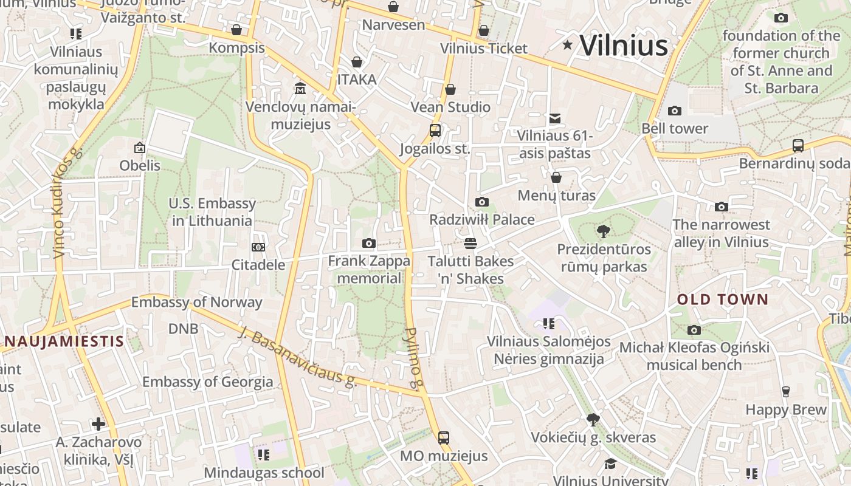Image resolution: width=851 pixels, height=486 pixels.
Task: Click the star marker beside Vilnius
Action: point(568,44)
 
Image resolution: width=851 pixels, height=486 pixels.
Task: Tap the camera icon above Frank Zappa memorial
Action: point(368,243)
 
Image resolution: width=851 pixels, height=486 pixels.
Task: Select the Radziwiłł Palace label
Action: point(482,219)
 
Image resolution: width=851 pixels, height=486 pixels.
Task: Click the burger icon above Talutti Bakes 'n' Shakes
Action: point(470,244)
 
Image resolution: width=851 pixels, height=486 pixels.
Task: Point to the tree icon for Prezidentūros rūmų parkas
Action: point(603,231)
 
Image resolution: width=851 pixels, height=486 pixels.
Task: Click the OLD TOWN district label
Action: point(723,299)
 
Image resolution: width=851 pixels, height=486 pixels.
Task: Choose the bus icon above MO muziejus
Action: point(444,437)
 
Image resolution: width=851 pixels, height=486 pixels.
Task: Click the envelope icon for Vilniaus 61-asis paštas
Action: point(554,118)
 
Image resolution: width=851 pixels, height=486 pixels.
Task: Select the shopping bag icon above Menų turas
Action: point(556,177)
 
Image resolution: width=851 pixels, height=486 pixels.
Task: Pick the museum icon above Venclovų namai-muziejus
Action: point(300,89)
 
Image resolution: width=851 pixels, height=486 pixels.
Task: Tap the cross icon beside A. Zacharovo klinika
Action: point(98,423)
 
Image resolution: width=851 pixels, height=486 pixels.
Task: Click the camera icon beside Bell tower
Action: point(674,111)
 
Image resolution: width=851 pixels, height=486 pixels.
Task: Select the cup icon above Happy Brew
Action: point(786,392)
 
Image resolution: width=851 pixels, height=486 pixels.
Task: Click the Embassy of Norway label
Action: point(196,302)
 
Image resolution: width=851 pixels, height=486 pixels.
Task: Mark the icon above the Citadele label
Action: point(258,247)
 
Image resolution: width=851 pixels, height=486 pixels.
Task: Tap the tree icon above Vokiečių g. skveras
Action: point(593,419)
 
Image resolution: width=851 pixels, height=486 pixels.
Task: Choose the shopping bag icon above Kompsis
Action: point(236,30)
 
